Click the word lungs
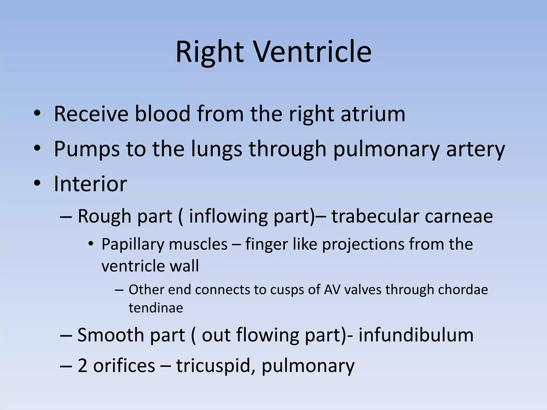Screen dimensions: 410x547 (x=217, y=149)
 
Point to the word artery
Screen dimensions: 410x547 (x=476, y=149)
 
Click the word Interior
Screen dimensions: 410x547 (x=90, y=184)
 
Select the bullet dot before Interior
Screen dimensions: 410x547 (x=37, y=183)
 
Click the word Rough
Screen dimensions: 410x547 (x=104, y=216)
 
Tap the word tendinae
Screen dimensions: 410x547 (x=156, y=308)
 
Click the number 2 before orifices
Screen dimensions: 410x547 (x=82, y=366)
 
